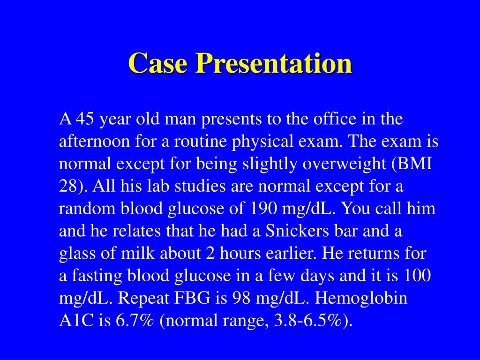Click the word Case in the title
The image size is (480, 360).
(158, 63)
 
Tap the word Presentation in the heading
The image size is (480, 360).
(274, 63)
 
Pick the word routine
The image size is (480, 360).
(201, 141)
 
